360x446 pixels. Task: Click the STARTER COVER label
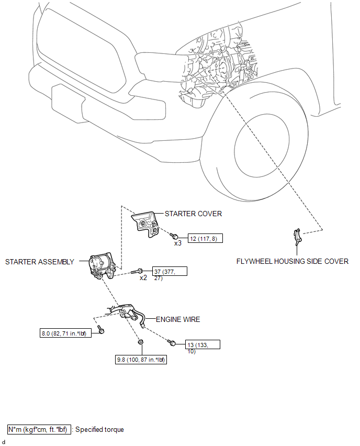[x=193, y=214]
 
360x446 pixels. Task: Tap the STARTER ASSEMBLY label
[x=40, y=262]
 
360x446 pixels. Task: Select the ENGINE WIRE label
[x=178, y=319]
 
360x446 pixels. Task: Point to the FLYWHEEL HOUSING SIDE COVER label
[x=292, y=261]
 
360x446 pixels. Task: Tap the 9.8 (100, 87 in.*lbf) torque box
[x=141, y=360]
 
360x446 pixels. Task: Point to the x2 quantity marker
[x=143, y=278]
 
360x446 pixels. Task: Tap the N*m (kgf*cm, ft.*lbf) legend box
[x=37, y=429]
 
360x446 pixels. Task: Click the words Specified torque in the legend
[x=99, y=429]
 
